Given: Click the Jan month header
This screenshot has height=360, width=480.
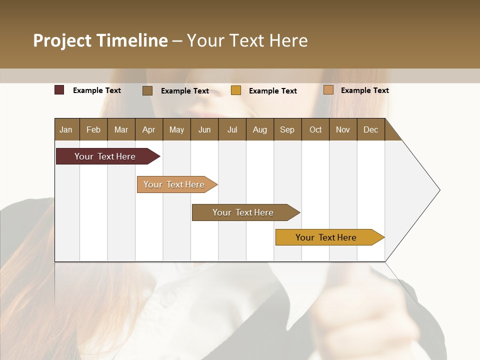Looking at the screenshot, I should pos(66,129).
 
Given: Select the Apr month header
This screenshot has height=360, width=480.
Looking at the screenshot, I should pos(149,129).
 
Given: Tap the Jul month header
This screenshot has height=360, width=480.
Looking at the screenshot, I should pos(232,129).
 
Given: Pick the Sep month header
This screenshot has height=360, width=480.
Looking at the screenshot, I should pos(287,129).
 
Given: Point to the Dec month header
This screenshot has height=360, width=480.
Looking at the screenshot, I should pos(370,129).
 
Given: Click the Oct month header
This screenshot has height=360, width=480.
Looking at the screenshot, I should pos(315,129).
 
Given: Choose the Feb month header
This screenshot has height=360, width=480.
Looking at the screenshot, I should pos(93,129).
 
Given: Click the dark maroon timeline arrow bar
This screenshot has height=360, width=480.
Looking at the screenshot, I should pos(105,156).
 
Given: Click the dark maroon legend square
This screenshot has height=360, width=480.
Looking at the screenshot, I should pos(59,90).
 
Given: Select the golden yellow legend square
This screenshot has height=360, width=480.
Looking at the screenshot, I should pos(236,90).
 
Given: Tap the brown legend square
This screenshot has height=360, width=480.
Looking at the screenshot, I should pos(147,90).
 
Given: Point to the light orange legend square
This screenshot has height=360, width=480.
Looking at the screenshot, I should pos(328,90).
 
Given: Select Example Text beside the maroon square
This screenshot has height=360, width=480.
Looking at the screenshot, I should pos(97,90).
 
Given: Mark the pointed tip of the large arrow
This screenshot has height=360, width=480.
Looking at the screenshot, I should pos(438,190).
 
